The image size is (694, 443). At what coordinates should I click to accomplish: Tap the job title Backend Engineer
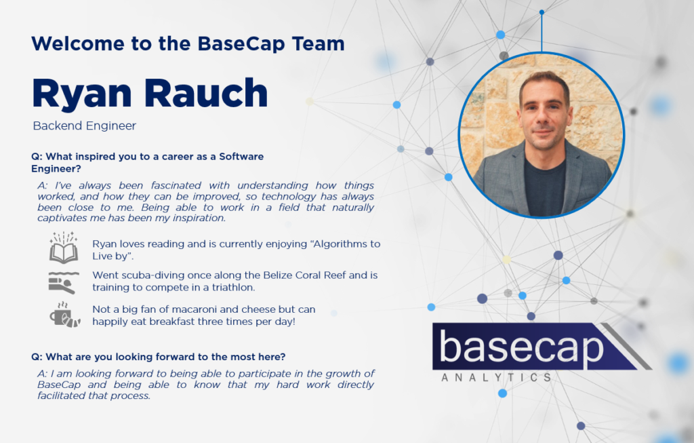click(x=85, y=126)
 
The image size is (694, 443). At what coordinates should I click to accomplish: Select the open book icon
click(x=64, y=247)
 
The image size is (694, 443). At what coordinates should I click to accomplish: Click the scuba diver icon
click(x=64, y=282)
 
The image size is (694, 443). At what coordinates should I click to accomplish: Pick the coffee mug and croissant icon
click(x=65, y=315)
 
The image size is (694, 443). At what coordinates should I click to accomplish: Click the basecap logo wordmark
click(x=521, y=348)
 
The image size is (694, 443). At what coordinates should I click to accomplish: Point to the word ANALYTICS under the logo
click(x=497, y=377)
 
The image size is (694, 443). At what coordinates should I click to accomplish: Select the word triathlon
click(x=233, y=287)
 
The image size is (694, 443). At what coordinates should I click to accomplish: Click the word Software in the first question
click(x=241, y=157)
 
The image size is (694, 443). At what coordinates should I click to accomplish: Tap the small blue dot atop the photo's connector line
click(x=542, y=12)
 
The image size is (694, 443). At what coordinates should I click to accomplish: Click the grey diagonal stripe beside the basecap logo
click(x=626, y=347)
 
